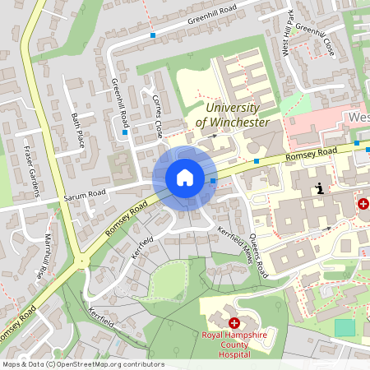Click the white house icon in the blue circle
click(184, 178)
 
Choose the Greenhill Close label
click(315, 39)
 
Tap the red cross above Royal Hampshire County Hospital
click(234, 324)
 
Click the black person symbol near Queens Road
click(319, 188)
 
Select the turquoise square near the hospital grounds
click(345, 326)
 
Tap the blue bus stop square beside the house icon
click(213, 180)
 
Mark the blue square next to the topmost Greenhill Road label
click(153, 35)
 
